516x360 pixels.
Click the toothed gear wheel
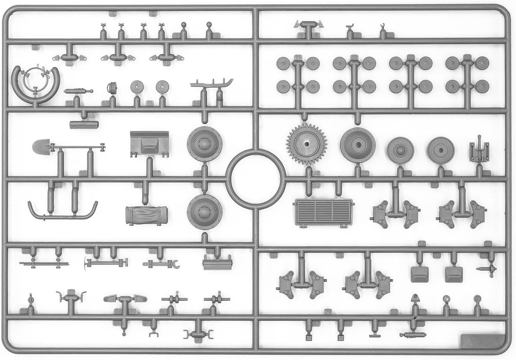(x=305, y=144)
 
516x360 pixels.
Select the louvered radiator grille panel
(x=323, y=213)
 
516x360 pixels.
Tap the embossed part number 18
(x=197, y=173)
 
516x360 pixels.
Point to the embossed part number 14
(x=196, y=103)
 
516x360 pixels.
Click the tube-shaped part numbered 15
(x=83, y=124)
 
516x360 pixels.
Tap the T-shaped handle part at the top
(x=309, y=25)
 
